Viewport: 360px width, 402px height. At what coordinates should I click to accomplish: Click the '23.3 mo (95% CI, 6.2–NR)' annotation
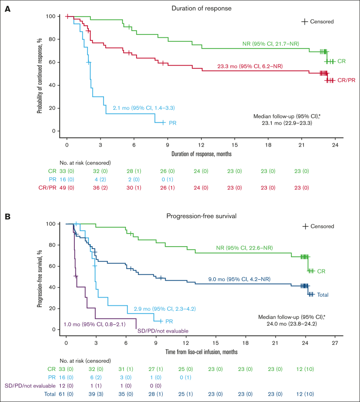click(250, 66)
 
